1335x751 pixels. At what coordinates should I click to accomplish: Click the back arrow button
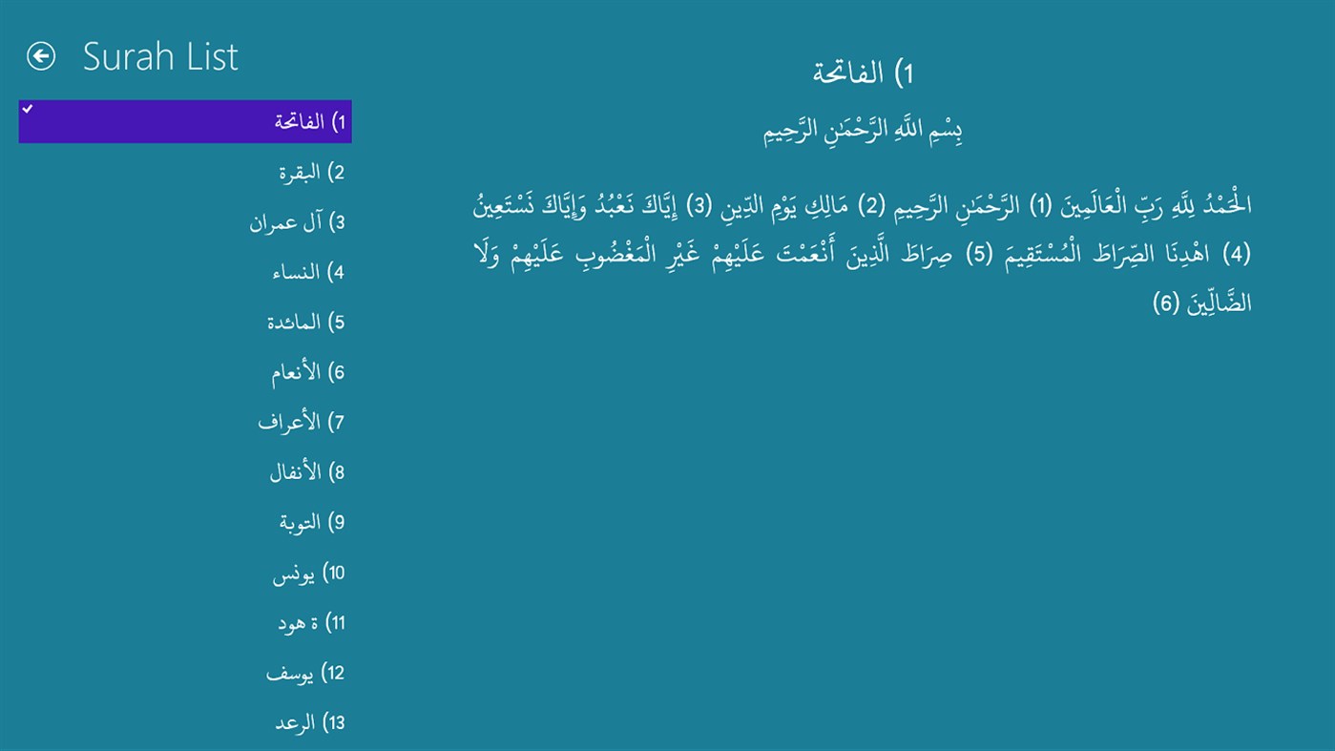point(41,57)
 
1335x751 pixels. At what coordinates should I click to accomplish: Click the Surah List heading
point(160,57)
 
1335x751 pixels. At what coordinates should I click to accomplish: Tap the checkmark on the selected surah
point(28,110)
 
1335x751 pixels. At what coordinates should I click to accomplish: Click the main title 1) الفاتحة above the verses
point(864,73)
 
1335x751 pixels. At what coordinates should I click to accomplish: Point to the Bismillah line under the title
point(864,131)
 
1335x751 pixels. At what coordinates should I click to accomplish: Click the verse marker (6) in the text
point(1167,304)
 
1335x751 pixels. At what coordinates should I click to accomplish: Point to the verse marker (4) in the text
point(1236,255)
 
